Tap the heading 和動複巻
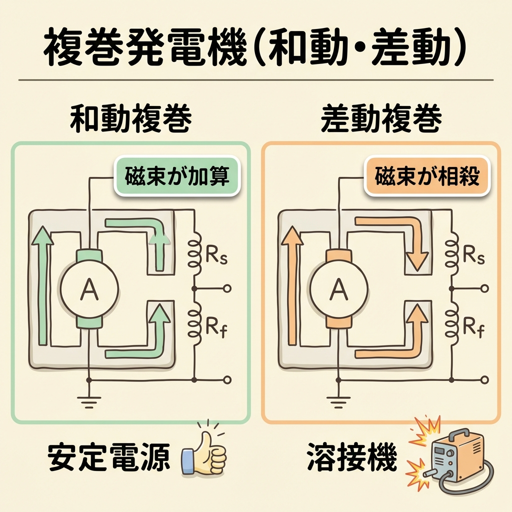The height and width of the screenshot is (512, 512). pos(131,118)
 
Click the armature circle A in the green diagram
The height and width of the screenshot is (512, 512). pos(89,288)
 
